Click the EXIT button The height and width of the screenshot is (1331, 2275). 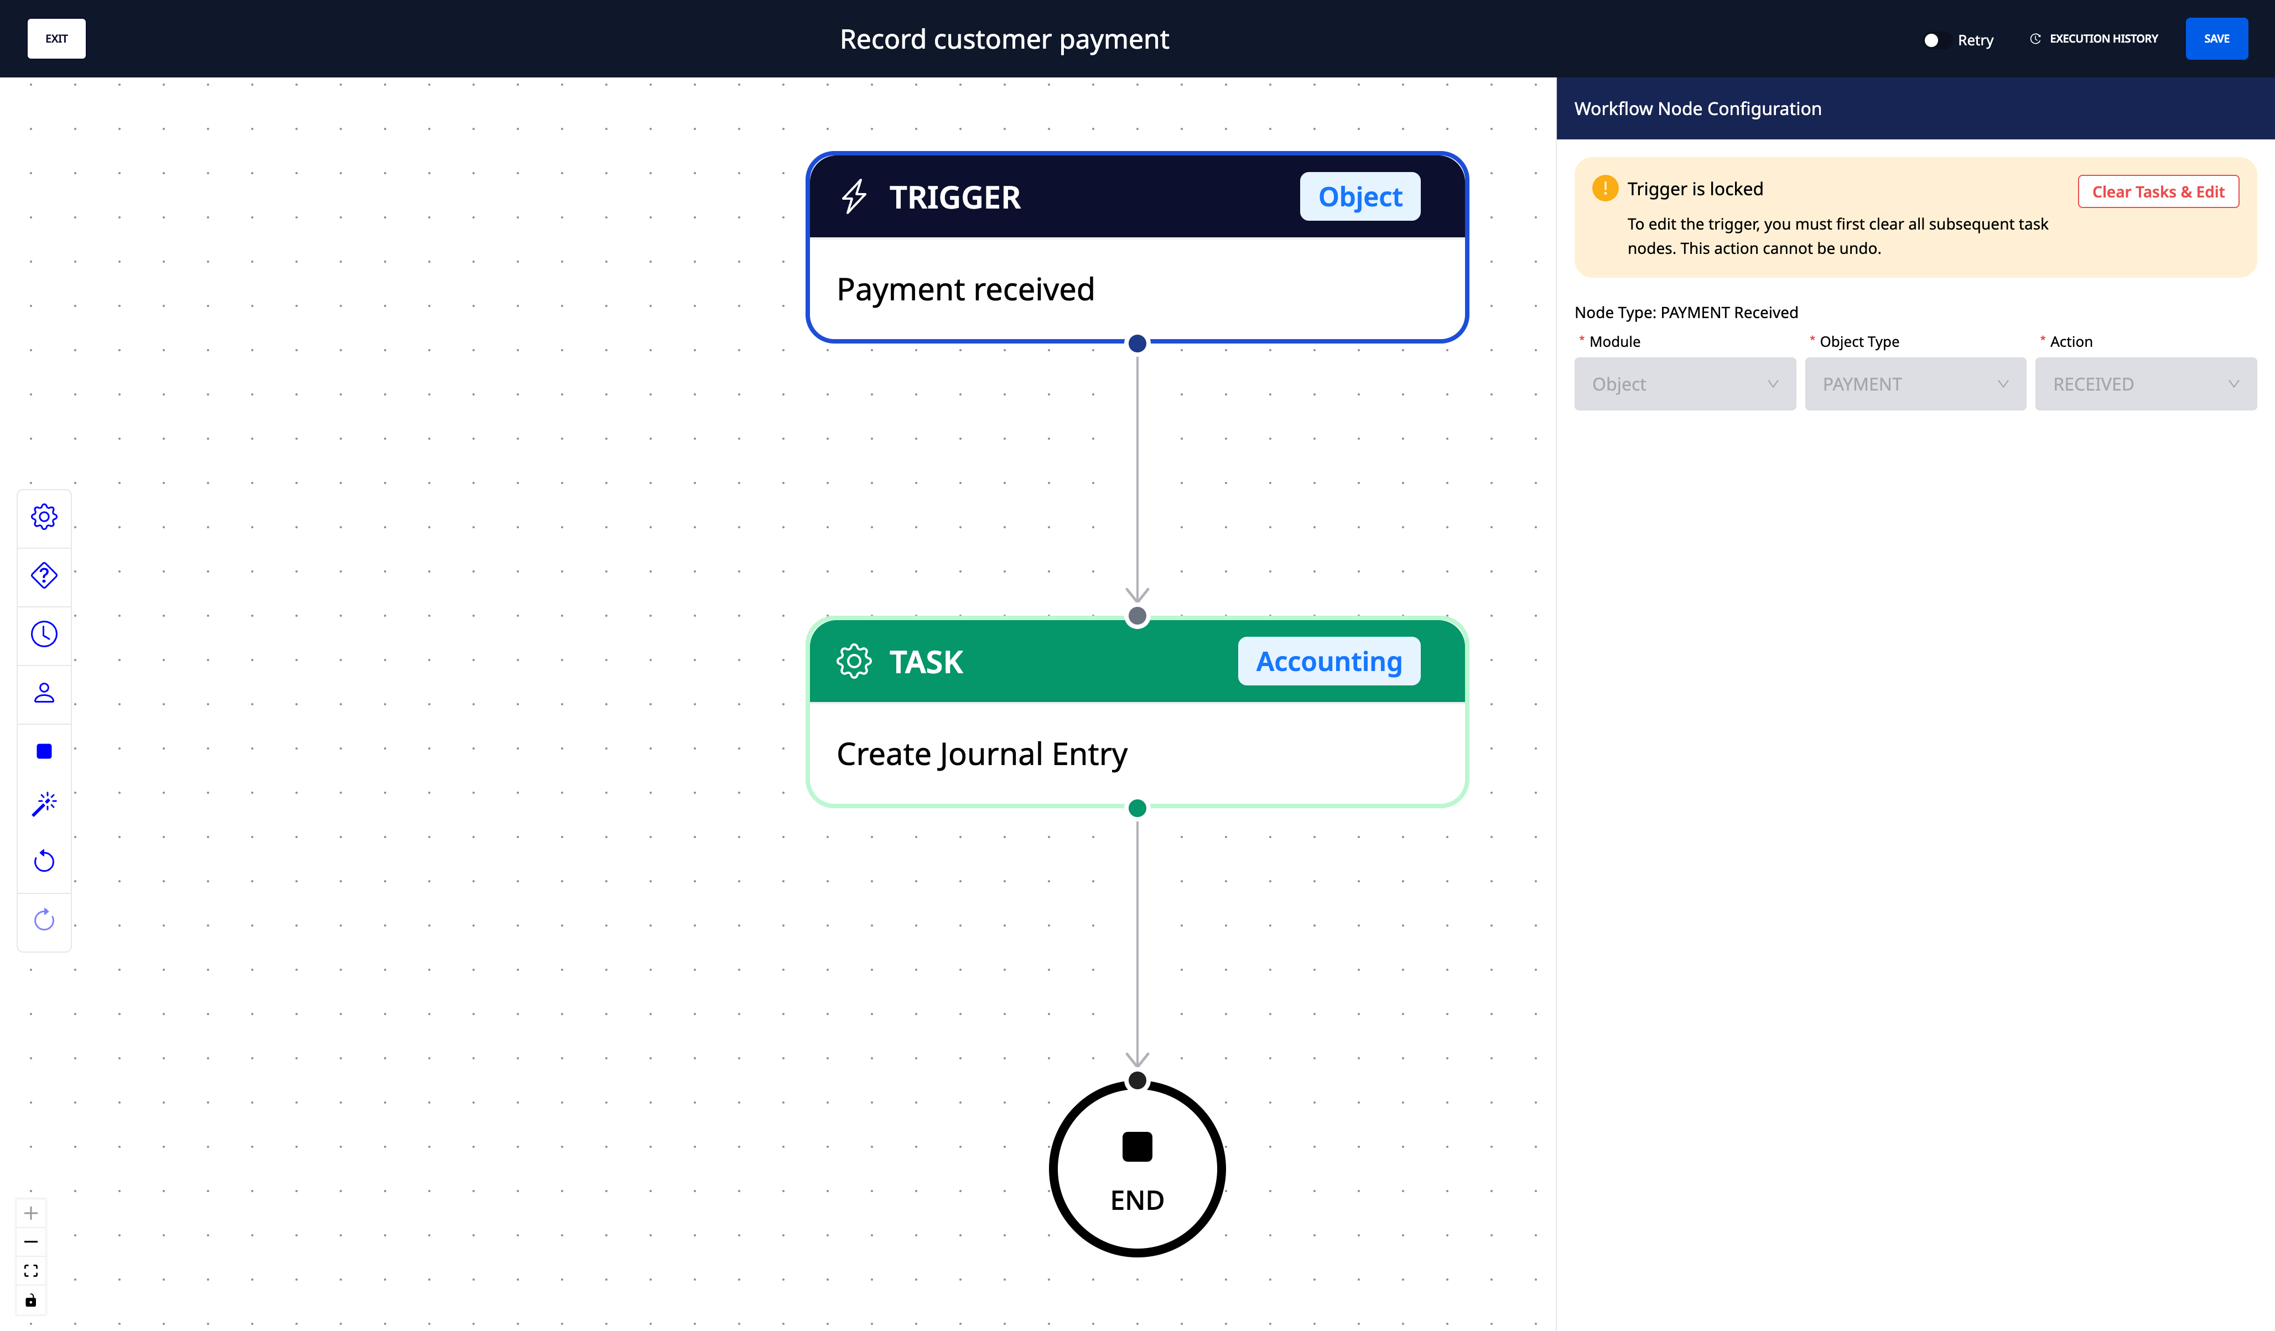click(56, 39)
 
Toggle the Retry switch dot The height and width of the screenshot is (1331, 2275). click(1931, 40)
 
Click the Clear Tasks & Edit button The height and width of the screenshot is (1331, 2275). click(2158, 191)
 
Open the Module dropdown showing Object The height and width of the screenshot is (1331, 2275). click(1685, 384)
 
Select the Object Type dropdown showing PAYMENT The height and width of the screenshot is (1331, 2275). click(1915, 384)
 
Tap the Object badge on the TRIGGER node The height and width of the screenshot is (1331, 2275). click(1359, 197)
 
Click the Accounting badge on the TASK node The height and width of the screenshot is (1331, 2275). click(1329, 661)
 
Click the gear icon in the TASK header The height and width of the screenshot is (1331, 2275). click(854, 661)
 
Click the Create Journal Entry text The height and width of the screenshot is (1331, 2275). click(982, 754)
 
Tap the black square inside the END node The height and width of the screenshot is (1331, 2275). click(1137, 1147)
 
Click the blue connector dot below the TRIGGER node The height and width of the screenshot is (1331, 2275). click(1137, 343)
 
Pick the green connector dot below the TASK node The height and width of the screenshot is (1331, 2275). click(1137, 808)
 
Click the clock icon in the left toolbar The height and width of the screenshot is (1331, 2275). click(44, 634)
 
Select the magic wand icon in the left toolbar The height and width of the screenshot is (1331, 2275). click(44, 804)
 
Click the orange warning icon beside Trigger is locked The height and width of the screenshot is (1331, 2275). click(1605, 188)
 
